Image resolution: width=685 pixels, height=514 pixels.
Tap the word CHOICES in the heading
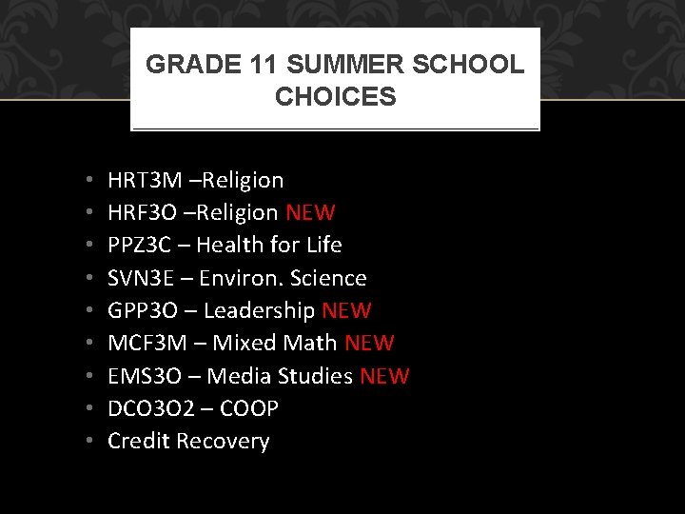pos(335,96)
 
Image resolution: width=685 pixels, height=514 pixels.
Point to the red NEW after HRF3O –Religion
pos(310,212)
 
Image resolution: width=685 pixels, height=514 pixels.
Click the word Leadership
pos(259,310)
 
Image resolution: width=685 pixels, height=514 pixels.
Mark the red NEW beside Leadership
pos(346,310)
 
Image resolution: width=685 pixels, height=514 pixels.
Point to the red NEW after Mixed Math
pos(369,343)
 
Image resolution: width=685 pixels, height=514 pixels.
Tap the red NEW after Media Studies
pos(384,376)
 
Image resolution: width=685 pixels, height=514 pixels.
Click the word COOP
pos(248,408)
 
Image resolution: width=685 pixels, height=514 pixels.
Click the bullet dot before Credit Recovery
pos(87,442)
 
